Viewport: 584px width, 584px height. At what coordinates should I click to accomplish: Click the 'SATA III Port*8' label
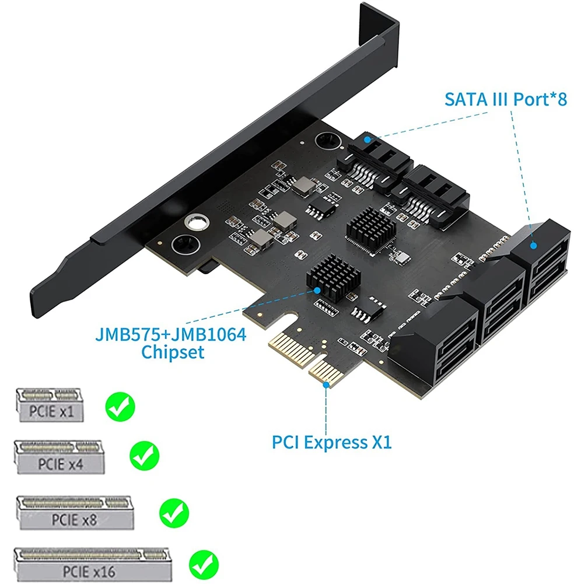click(505, 99)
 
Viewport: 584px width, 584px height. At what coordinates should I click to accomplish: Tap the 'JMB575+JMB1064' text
click(171, 334)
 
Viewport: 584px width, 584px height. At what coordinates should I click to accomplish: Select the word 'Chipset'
click(173, 352)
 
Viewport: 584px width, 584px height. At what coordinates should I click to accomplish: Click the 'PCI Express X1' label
click(332, 442)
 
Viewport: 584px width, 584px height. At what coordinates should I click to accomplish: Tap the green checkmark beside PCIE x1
click(120, 407)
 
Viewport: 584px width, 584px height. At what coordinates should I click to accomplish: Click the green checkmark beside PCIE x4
click(145, 455)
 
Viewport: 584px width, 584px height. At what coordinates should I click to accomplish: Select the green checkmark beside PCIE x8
click(174, 513)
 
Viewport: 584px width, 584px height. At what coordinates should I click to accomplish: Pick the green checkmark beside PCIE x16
click(204, 565)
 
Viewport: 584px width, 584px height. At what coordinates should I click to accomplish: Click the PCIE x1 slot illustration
click(50, 405)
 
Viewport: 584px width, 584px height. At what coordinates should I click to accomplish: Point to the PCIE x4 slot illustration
click(60, 457)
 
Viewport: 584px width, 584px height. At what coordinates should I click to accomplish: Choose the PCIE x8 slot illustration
click(75, 513)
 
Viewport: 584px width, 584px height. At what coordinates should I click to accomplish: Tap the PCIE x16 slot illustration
click(92, 565)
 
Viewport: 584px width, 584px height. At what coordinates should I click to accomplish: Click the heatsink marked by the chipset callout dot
click(333, 278)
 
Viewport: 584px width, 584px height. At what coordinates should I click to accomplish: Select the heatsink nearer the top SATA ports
click(371, 228)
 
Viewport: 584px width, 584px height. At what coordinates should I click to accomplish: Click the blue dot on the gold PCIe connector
click(326, 384)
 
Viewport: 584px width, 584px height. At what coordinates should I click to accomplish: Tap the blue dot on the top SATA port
click(368, 139)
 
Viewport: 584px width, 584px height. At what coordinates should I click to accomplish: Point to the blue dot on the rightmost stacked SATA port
click(533, 246)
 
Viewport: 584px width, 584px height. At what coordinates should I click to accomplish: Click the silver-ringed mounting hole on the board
click(197, 224)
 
